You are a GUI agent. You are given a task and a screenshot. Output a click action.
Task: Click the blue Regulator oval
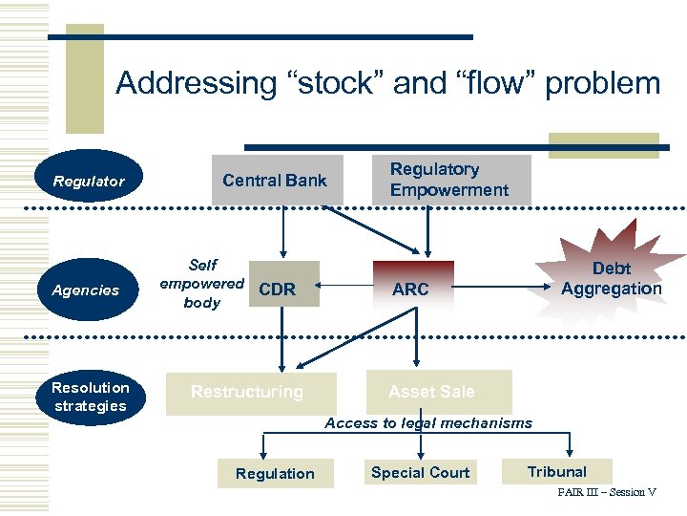pos(89,181)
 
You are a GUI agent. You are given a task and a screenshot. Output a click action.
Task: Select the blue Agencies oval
pos(86,290)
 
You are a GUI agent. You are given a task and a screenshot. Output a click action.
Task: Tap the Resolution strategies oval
pos(90,397)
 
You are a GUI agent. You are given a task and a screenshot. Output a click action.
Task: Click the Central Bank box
pos(275,180)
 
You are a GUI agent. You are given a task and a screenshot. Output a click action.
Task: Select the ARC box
pos(411,289)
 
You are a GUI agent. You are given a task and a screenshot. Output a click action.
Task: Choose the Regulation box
pos(275,473)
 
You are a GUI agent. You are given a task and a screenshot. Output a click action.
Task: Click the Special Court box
pos(420,472)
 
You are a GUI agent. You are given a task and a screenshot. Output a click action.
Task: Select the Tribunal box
pos(557,471)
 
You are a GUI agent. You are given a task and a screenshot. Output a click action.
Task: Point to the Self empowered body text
pos(202,283)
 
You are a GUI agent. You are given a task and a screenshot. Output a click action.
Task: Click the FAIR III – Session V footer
pos(607,493)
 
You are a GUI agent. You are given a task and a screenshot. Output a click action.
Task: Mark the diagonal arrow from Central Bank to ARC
pos(363,228)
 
